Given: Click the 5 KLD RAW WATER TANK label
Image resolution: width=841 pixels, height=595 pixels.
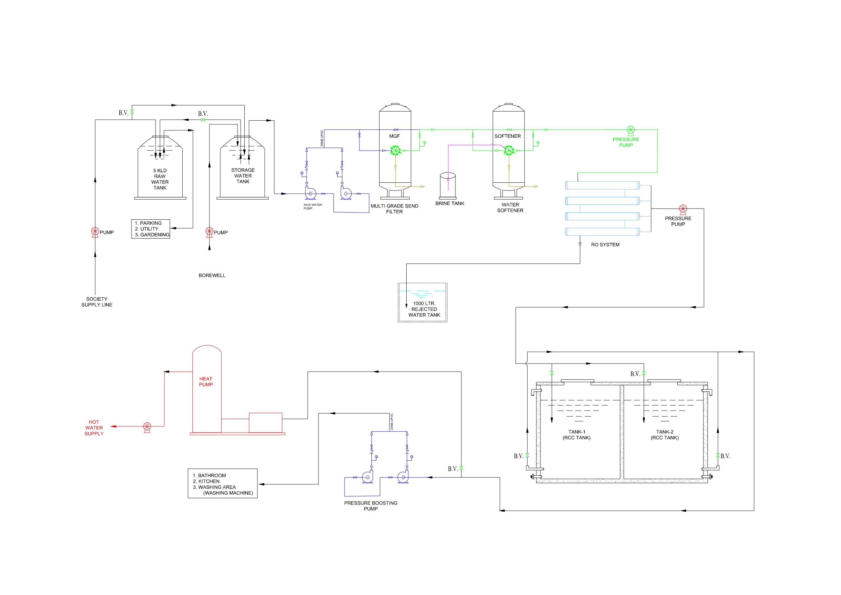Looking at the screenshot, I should click(x=160, y=179).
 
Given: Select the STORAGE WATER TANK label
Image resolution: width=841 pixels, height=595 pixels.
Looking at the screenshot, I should click(x=243, y=176).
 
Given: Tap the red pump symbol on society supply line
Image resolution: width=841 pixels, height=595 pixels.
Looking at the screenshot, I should click(x=95, y=232).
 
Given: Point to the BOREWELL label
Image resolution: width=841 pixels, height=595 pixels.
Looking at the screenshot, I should click(x=212, y=275).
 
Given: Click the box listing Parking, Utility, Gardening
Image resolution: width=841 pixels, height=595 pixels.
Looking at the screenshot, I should click(x=150, y=229).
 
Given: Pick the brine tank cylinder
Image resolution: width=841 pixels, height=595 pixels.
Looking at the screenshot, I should click(x=448, y=185).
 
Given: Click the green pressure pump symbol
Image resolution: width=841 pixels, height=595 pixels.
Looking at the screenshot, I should click(x=630, y=130).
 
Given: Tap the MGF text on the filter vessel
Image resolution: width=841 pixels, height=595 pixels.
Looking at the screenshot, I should click(x=394, y=136).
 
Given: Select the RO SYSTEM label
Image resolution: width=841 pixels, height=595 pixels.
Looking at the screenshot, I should click(x=605, y=244).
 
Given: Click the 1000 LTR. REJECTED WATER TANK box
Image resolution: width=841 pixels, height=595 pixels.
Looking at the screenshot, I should click(x=423, y=303).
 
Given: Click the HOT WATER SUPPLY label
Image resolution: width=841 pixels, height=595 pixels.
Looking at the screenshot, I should click(x=94, y=428).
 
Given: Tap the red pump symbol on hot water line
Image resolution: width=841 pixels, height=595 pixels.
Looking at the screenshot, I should click(x=147, y=427).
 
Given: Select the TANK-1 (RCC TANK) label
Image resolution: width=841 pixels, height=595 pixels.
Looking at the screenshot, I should click(x=577, y=435).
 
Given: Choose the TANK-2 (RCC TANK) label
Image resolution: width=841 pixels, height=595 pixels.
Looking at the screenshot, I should click(x=664, y=435).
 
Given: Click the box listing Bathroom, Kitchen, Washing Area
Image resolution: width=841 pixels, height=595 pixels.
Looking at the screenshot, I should click(x=222, y=483).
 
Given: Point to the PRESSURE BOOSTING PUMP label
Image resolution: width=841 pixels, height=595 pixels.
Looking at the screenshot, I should click(x=370, y=506).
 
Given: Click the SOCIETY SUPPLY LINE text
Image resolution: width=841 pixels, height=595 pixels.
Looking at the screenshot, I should click(x=97, y=302).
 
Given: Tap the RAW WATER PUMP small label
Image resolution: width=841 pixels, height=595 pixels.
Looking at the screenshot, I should click(x=312, y=206).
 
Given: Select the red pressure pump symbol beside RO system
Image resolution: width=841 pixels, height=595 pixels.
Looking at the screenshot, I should click(x=683, y=209).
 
